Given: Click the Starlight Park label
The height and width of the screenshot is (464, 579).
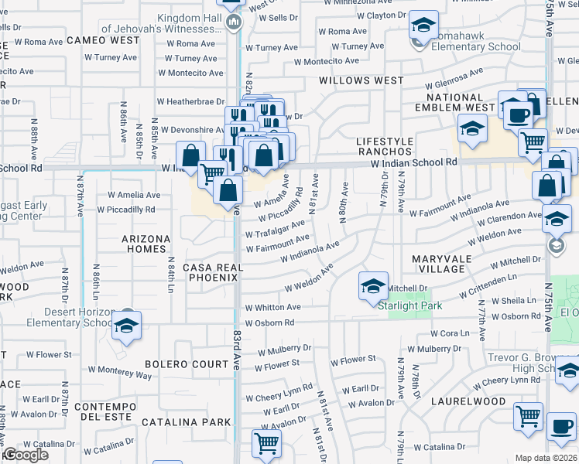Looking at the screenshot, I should tap(410, 305).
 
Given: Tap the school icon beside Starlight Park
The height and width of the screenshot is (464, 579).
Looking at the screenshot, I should tap(373, 287).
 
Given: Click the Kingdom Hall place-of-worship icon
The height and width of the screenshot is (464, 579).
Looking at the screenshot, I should tap(233, 21).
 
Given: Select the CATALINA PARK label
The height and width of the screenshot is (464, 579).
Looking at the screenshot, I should tap(185, 422).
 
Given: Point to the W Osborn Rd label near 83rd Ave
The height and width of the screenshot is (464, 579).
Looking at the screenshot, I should tap(269, 322).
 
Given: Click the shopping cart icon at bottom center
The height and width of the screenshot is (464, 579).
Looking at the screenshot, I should tap(266, 444).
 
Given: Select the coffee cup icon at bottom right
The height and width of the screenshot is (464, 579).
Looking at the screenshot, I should tap(561, 427).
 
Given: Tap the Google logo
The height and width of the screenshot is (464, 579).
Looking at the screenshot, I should tap(25, 455).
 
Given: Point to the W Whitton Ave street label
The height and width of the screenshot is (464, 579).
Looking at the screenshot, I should tap(272, 307).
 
